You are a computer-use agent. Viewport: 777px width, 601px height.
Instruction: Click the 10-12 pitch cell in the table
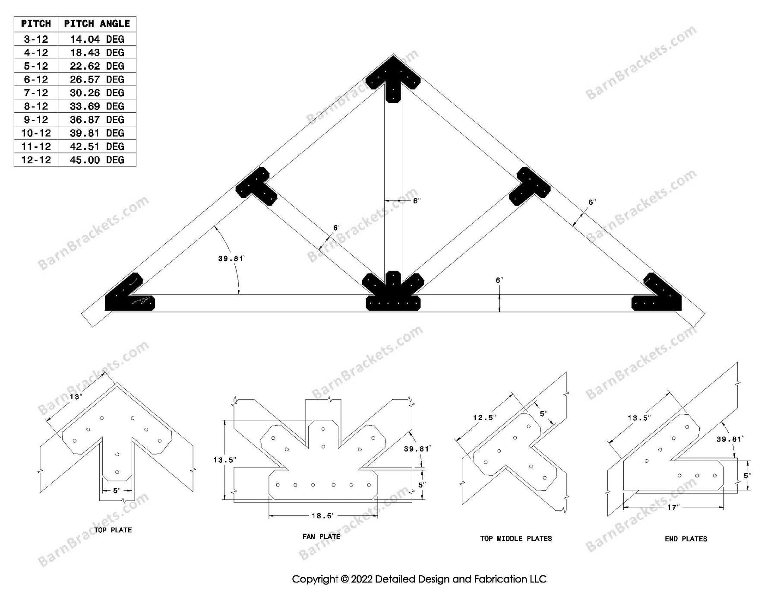[36, 133]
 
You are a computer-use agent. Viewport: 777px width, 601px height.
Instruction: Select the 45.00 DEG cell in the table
[97, 160]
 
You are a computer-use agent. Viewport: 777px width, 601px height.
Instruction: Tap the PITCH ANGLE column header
[97, 24]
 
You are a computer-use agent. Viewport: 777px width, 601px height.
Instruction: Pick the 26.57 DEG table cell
[97, 79]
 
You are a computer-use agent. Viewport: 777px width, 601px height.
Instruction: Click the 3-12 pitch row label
[36, 39]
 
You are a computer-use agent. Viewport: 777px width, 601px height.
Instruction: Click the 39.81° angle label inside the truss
[231, 258]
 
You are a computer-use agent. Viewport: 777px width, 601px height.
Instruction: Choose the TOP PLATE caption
[113, 530]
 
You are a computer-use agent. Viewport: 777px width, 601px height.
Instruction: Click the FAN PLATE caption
[321, 537]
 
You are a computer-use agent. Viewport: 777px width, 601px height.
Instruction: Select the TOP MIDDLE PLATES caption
[516, 538]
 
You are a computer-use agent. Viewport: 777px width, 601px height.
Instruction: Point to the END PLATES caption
[686, 539]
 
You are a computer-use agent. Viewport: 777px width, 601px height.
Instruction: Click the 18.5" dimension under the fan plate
[323, 515]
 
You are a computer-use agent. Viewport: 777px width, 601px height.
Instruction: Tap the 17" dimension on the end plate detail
[673, 507]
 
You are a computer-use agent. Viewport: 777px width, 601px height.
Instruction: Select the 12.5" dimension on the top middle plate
[484, 417]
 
